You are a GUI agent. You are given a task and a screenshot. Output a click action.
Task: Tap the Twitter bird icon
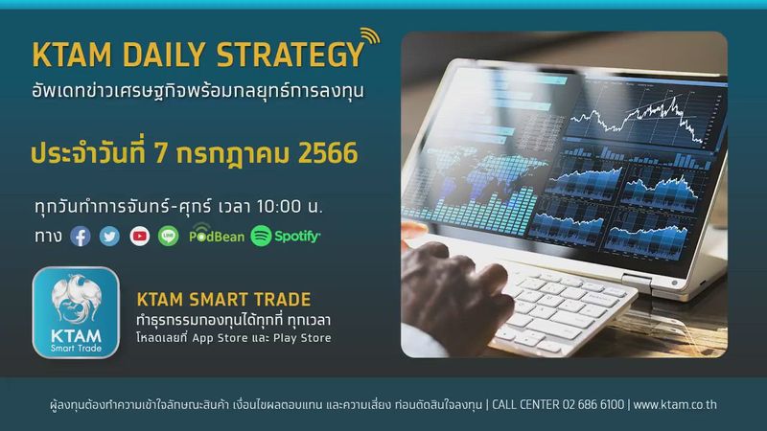click(110, 236)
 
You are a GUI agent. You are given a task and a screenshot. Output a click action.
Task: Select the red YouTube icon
click(140, 236)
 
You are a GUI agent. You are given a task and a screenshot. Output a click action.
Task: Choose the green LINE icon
click(170, 236)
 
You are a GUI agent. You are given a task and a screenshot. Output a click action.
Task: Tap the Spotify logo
click(286, 236)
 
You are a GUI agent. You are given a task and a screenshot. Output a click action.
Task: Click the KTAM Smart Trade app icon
click(76, 312)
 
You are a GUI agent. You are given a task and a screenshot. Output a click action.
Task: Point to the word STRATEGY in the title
click(288, 55)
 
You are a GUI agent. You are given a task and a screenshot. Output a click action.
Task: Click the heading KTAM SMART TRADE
click(223, 299)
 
